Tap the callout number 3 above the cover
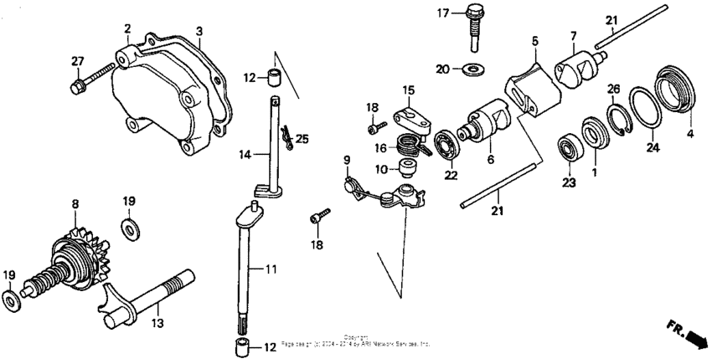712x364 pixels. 199,31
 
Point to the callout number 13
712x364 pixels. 157,321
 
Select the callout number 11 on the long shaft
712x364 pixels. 271,270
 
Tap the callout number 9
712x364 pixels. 345,159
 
